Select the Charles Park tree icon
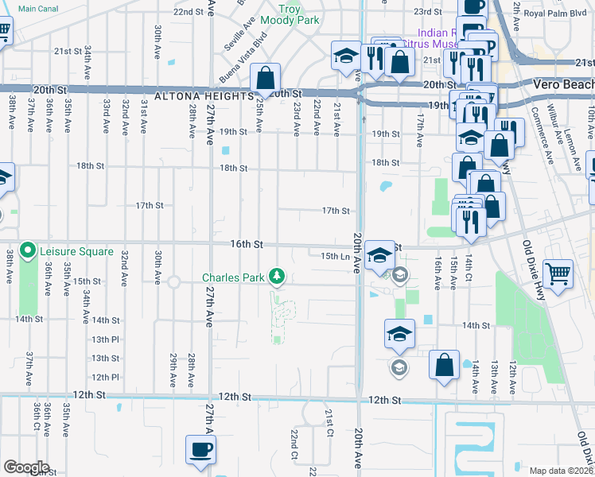point(277,276)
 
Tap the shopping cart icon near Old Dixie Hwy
point(559,274)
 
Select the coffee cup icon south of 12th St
point(200,449)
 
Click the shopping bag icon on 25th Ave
point(266,78)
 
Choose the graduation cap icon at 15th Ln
point(381,255)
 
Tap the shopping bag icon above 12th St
point(445,364)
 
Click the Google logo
point(25,467)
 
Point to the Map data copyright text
point(562,471)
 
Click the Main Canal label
point(37,9)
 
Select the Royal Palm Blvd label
point(551,12)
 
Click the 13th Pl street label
point(104,339)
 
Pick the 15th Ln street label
point(335,256)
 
